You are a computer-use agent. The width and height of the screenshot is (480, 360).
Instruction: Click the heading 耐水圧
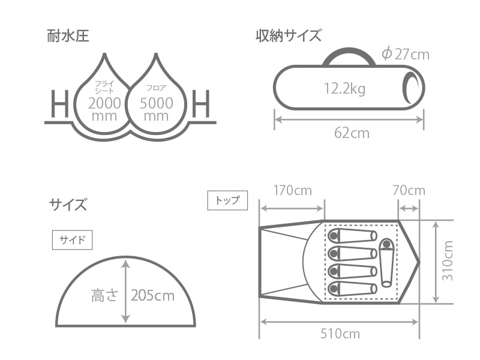pyautogui.click(x=68, y=35)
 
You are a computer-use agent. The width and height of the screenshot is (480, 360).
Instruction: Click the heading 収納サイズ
pyautogui.click(x=288, y=35)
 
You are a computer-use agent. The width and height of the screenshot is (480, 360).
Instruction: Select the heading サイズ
pyautogui.click(x=67, y=205)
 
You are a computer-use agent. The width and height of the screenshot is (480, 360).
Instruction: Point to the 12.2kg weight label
pyautogui.click(x=344, y=89)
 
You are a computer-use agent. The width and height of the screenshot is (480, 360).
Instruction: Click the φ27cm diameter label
pyautogui.click(x=406, y=54)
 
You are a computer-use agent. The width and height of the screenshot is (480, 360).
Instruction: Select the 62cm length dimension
pyautogui.click(x=352, y=133)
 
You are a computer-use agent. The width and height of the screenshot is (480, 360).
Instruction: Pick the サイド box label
pyautogui.click(x=73, y=240)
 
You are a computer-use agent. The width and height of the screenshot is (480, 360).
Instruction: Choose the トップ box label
pyautogui.click(x=227, y=200)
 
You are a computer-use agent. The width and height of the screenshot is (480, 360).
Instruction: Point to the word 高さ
pyautogui.click(x=105, y=295)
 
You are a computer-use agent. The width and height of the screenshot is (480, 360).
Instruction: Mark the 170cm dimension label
pyautogui.click(x=292, y=191)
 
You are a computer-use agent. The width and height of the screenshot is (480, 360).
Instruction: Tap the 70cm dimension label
pyautogui.click(x=409, y=191)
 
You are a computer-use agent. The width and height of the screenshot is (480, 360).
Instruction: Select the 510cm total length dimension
pyautogui.click(x=340, y=334)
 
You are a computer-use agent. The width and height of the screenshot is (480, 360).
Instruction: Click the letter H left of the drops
pyautogui.click(x=59, y=105)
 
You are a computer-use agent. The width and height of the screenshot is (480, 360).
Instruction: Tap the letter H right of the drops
pyautogui.click(x=202, y=105)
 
